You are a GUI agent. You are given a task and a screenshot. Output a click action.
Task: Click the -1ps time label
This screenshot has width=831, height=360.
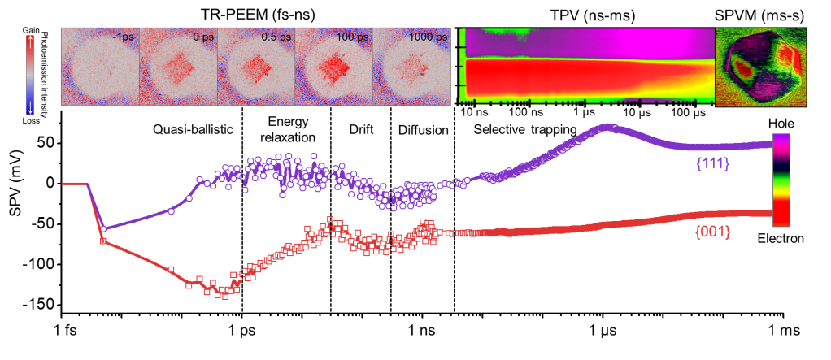(x=124, y=37)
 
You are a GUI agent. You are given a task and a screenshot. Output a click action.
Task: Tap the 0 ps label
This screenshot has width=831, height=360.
(x=200, y=37)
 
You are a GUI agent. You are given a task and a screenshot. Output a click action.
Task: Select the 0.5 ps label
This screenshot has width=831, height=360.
(x=276, y=37)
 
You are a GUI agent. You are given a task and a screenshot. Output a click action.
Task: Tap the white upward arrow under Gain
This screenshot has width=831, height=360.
(x=31, y=48)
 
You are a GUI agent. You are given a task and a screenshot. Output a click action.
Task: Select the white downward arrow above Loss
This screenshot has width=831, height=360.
(x=31, y=105)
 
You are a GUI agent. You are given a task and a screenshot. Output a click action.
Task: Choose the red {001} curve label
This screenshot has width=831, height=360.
(x=712, y=232)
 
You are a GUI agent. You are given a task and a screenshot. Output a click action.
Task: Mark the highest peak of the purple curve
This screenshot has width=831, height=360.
(x=606, y=126)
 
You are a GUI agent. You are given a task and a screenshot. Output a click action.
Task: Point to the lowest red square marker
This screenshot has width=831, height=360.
(x=225, y=297)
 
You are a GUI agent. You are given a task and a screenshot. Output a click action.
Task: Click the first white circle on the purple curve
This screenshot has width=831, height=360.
(x=103, y=228)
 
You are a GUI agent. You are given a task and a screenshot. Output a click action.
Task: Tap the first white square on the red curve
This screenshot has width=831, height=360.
(x=102, y=241)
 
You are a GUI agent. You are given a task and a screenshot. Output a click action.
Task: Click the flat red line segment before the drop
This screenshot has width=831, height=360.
(x=75, y=184)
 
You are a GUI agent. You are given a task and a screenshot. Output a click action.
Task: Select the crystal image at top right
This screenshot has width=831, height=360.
(x=759, y=67)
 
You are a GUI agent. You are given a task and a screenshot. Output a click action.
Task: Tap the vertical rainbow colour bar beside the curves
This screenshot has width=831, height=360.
(x=781, y=180)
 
